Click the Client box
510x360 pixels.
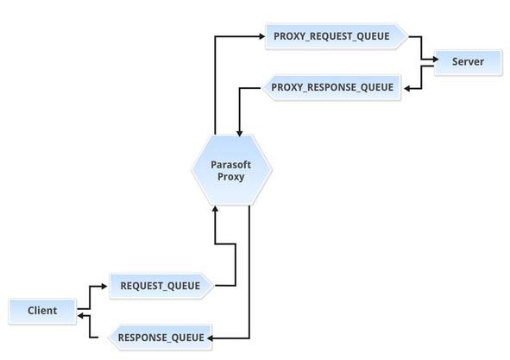42,311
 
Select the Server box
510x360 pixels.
468,62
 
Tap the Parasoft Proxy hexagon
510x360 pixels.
231,170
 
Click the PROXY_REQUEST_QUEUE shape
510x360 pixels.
337,36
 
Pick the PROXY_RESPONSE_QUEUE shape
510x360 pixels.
331,87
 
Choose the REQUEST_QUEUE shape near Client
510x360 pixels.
161,286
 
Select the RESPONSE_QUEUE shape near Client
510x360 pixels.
160,338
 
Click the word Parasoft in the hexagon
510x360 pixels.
231,165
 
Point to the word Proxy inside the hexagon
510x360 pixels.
231,177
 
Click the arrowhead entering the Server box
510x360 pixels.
436,60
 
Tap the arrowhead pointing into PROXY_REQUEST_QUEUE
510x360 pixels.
261,36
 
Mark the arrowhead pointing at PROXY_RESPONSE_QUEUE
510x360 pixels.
407,88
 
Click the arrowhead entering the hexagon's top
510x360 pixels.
240,133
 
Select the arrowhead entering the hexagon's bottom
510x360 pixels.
215,209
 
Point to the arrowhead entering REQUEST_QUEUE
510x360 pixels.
104,287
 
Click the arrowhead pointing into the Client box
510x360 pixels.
80,316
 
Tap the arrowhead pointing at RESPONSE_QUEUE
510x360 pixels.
210,338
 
